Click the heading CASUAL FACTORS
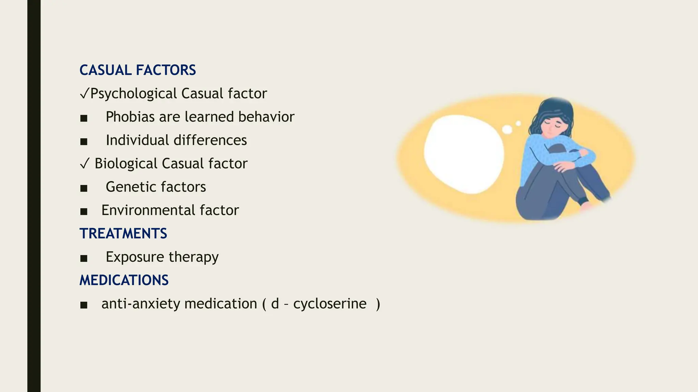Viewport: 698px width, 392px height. [138, 70]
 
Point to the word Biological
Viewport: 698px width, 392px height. [126, 163]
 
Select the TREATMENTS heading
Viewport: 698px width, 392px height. [123, 233]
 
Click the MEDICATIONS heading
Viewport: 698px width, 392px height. [124, 280]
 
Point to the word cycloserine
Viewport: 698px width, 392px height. [330, 304]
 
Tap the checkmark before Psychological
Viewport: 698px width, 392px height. [85, 94]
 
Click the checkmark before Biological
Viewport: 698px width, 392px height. [85, 164]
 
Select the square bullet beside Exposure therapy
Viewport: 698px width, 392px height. [84, 258]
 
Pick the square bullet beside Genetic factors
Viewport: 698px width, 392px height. [84, 188]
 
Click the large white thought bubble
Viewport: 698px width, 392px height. [464, 154]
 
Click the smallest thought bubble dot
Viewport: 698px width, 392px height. [518, 123]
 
